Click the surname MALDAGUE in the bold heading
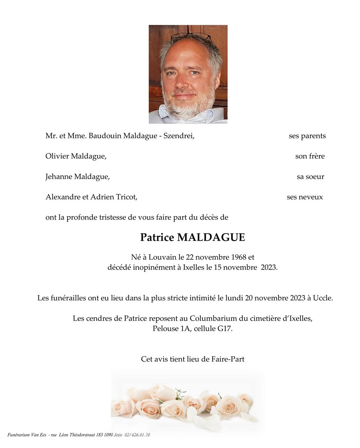tap(211, 238)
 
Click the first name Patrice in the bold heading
tap(157, 238)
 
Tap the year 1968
tap(239, 257)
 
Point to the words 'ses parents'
tap(307, 136)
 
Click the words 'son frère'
tap(310, 156)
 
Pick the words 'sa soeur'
tap(310, 177)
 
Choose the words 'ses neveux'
tap(305, 197)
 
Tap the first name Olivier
tap(57, 156)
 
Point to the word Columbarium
tap(213, 318)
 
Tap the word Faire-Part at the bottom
tap(228, 359)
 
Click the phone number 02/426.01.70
tap(137, 435)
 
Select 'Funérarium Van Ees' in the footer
tap(27, 435)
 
